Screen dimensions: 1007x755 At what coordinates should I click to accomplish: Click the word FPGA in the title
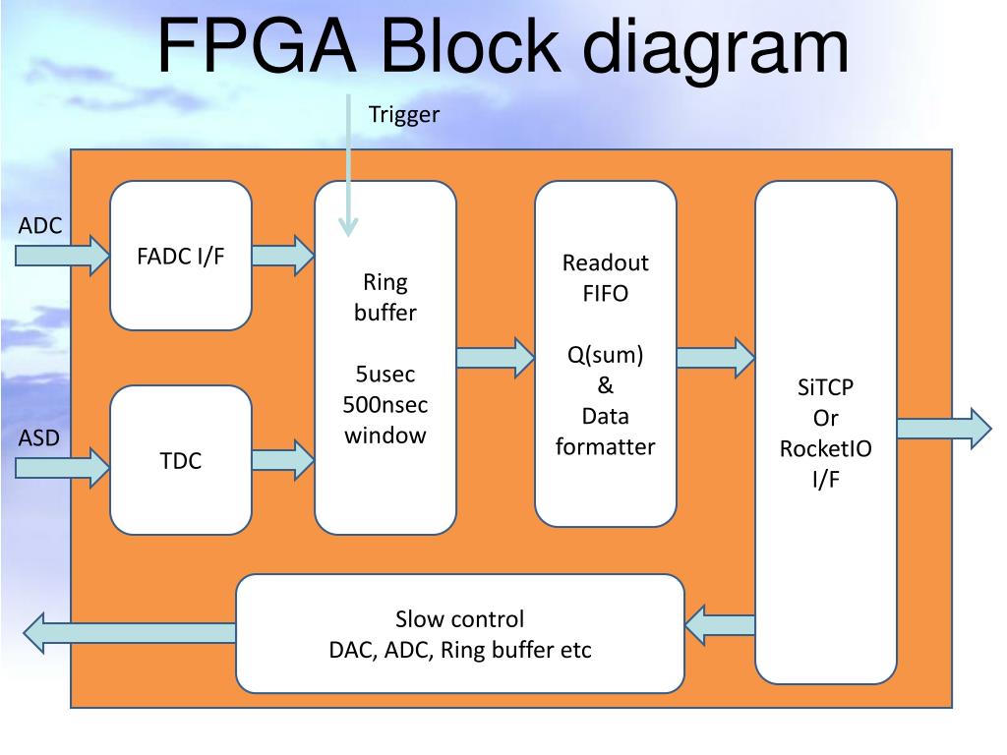[x=257, y=46]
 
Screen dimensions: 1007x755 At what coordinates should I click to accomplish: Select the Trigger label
[x=404, y=115]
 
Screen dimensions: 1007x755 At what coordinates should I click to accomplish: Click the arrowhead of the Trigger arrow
[x=348, y=227]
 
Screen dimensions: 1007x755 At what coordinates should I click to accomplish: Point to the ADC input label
[x=39, y=225]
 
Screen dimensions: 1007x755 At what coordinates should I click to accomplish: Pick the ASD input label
[x=38, y=437]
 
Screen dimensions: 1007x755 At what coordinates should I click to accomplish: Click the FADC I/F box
[x=181, y=256]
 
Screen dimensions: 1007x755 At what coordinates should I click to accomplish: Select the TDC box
[x=181, y=460]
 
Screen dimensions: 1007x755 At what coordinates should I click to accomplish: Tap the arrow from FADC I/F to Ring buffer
[x=283, y=256]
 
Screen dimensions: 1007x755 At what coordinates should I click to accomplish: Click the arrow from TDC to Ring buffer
[x=283, y=460]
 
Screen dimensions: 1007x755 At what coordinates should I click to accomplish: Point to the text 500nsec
[x=385, y=404]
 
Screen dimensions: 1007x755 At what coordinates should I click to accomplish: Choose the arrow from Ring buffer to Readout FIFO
[x=496, y=358]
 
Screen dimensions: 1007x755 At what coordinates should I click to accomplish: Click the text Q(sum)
[x=605, y=355]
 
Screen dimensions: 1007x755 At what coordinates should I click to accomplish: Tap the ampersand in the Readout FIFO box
[x=605, y=385]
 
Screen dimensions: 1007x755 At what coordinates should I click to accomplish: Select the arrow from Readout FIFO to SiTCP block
[x=716, y=358]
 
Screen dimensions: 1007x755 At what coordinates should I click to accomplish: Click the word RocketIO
[x=825, y=448]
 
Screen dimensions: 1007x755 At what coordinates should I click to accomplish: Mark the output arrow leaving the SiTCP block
[x=944, y=429]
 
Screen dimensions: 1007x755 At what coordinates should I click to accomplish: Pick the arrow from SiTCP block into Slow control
[x=720, y=624]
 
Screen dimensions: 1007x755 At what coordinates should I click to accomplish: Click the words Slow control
[x=460, y=619]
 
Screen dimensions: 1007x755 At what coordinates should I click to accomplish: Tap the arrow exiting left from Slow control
[x=130, y=633]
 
